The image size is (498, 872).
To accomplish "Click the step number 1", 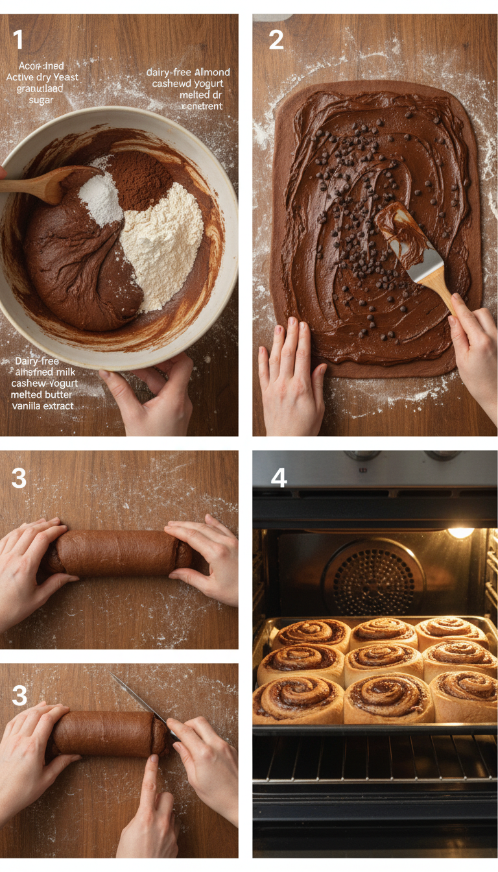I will (x=18, y=40).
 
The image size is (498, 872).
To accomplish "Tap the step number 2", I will (x=276, y=40).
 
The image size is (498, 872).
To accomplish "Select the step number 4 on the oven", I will (x=279, y=479).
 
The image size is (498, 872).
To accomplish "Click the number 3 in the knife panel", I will (x=19, y=696).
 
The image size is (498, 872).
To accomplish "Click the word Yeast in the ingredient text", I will (x=64, y=77).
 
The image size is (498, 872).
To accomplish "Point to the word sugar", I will (x=41, y=100).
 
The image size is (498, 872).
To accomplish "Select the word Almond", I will (x=212, y=72).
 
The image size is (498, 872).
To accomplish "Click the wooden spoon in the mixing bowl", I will (x=39, y=184).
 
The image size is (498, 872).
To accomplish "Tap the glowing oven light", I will (x=460, y=533).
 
